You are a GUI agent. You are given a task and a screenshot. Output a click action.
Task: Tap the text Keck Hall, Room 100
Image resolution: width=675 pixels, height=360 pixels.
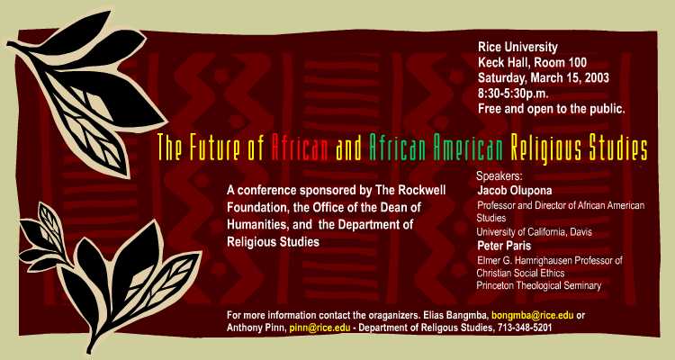coord(532,62)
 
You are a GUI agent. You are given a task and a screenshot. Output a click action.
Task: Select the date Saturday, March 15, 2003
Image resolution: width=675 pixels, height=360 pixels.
coord(544,78)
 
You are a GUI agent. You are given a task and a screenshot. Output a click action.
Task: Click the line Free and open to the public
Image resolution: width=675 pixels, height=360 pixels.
coord(551,109)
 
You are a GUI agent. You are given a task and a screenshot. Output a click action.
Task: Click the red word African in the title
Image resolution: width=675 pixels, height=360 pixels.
coord(300,147)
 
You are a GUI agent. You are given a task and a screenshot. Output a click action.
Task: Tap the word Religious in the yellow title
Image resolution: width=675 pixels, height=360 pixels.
coord(542,148)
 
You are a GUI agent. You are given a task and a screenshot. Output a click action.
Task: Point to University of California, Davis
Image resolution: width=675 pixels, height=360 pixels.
coord(534,232)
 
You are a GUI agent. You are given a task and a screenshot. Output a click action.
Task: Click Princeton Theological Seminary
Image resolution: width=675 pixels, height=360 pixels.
coord(538,285)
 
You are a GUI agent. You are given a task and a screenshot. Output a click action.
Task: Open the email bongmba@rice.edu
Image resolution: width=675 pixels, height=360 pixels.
coord(533,315)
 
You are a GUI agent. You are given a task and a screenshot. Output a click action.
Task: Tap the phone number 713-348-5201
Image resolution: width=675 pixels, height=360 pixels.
coord(525,328)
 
